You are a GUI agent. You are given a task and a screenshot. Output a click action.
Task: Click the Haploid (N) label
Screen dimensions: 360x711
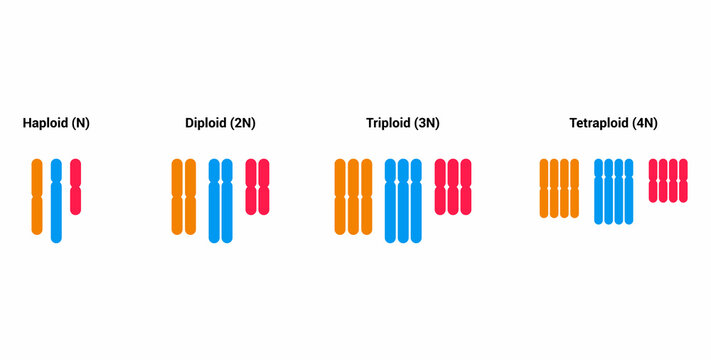56,124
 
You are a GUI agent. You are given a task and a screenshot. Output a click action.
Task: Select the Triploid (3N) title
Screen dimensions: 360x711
403,124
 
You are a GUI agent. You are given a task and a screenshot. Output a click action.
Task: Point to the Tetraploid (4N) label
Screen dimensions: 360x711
613,124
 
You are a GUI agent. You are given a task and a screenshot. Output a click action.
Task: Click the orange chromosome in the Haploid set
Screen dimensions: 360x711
37,196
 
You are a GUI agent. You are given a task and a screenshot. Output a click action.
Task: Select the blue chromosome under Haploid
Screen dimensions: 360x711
56,200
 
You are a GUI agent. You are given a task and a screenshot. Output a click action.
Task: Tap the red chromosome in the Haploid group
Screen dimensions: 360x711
76,186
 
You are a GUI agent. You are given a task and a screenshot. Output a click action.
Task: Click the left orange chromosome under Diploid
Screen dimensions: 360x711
177,196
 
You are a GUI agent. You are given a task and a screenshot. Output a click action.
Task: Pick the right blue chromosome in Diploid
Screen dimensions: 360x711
227,200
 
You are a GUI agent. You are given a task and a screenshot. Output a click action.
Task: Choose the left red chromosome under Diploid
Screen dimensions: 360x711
251,186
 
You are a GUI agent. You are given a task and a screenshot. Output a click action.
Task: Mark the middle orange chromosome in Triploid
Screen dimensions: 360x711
353,196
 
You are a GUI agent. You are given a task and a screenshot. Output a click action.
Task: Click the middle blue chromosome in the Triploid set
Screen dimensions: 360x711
403,200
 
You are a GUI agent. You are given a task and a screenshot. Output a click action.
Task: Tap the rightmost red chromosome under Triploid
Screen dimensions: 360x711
466,186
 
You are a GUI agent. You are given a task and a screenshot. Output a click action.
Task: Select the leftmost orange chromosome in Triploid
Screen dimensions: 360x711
340,196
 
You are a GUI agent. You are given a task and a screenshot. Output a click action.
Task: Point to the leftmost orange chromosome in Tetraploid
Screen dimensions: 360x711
544,187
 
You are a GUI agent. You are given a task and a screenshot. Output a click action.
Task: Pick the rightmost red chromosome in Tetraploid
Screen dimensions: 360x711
685,180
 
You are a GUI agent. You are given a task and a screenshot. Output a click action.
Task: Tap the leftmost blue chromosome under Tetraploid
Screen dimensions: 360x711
599,190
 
